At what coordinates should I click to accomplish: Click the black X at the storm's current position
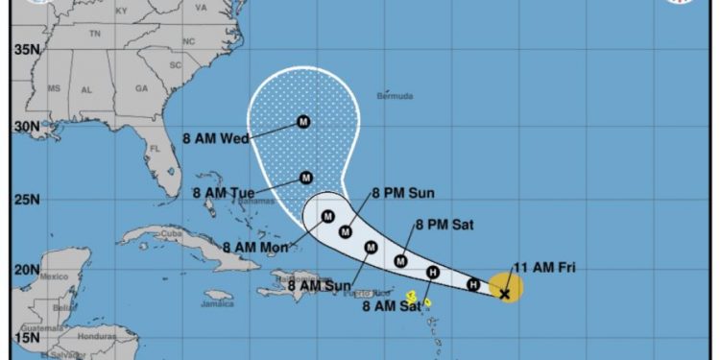click(505, 294)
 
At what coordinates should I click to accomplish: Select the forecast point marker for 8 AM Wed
click(303, 122)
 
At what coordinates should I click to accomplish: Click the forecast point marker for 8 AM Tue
click(305, 178)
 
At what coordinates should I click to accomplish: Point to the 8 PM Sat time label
click(444, 226)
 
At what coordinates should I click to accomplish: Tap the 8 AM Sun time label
click(316, 285)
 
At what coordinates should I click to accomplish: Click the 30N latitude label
click(25, 127)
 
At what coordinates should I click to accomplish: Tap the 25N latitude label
click(25, 200)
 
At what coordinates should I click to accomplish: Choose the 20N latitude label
click(25, 271)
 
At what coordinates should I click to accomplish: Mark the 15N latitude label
click(25, 338)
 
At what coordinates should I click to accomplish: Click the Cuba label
click(172, 233)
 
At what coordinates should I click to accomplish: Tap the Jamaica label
click(218, 304)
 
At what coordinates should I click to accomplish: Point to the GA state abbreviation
click(142, 88)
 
